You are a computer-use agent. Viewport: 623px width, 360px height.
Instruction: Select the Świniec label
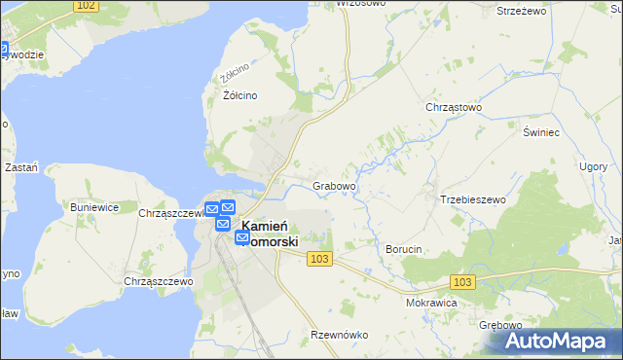point(538,131)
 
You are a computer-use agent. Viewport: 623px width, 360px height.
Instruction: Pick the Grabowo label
point(334,185)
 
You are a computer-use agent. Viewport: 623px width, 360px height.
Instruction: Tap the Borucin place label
point(403,249)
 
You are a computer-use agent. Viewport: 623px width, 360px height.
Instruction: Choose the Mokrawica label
point(431,303)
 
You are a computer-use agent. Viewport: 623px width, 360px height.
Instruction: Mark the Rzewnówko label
point(339,334)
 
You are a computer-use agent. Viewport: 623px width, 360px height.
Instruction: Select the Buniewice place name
point(94,207)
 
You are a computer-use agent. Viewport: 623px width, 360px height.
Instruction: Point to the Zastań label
point(21,167)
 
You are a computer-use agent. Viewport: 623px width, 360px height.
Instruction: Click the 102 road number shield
point(87,6)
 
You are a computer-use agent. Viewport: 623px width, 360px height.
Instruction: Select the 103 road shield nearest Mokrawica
point(463,281)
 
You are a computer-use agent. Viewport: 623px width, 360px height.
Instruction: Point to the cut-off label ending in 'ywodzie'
point(23,54)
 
